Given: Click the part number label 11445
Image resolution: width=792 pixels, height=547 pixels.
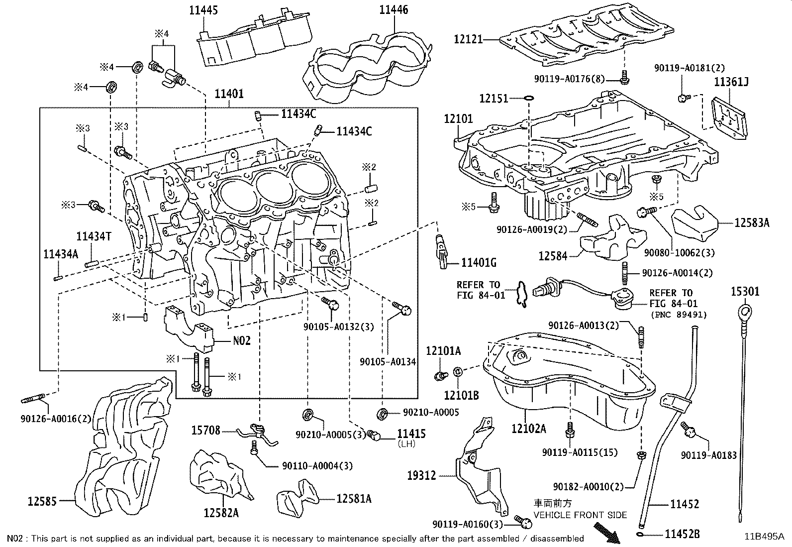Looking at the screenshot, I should point(204,9).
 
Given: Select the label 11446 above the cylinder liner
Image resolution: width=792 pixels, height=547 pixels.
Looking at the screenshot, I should point(394,9).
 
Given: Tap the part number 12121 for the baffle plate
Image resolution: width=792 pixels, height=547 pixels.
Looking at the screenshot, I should point(468,39).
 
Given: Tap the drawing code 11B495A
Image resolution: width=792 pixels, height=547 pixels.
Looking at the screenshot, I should point(764,537).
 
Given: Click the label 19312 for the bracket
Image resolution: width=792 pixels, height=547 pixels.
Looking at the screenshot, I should point(421,475).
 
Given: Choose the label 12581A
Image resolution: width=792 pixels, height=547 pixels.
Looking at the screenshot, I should point(354,499).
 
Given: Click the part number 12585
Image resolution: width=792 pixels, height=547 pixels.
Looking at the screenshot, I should point(41,501).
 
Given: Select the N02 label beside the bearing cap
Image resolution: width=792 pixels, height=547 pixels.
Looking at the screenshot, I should point(242,341).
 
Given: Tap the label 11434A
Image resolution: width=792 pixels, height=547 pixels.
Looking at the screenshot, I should point(61,254).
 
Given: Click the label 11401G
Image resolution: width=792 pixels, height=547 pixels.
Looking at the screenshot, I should point(479,263).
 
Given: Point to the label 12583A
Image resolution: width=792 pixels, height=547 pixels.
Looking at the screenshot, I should point(752,222).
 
